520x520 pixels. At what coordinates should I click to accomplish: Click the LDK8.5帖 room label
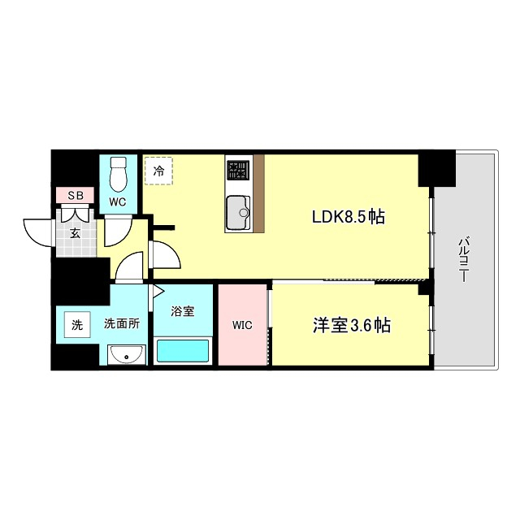click(x=349, y=217)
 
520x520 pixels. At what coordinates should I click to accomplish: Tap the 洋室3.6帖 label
click(x=352, y=325)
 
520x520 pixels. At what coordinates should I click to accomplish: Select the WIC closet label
click(x=241, y=325)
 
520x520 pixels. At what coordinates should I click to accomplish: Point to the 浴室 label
click(x=182, y=311)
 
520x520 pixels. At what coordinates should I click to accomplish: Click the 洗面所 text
click(x=121, y=323)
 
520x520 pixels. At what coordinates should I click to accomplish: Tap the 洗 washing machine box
click(x=77, y=325)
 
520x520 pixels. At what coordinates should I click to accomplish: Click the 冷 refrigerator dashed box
click(x=158, y=171)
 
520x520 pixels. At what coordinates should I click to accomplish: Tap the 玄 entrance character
click(x=74, y=234)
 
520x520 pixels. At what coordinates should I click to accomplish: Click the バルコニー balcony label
click(x=463, y=258)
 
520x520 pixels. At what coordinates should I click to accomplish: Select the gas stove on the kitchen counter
click(x=237, y=170)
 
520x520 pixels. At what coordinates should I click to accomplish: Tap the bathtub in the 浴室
click(x=183, y=351)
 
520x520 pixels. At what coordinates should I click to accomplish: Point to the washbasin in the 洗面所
click(x=126, y=355)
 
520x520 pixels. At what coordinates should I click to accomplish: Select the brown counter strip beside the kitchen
click(x=259, y=193)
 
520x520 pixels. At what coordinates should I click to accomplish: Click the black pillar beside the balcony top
click(x=436, y=168)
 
